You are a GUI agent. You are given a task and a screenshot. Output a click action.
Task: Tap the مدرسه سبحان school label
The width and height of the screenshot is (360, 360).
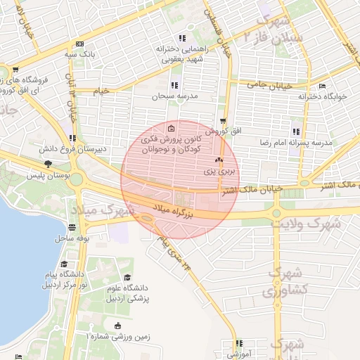(162, 95)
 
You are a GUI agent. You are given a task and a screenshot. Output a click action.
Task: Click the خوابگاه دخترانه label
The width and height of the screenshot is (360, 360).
(323, 96)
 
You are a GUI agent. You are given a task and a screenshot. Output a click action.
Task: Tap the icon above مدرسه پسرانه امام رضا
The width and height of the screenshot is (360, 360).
(296, 131)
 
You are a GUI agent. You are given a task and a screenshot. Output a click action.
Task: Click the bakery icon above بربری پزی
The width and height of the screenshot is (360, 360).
(217, 160)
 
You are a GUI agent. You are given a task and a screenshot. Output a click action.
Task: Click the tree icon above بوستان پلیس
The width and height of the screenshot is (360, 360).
(48, 164)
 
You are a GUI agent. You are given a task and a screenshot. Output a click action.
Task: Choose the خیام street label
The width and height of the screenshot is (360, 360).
(103, 91)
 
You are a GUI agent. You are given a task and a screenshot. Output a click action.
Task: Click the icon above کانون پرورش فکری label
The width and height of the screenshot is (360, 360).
(173, 128)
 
